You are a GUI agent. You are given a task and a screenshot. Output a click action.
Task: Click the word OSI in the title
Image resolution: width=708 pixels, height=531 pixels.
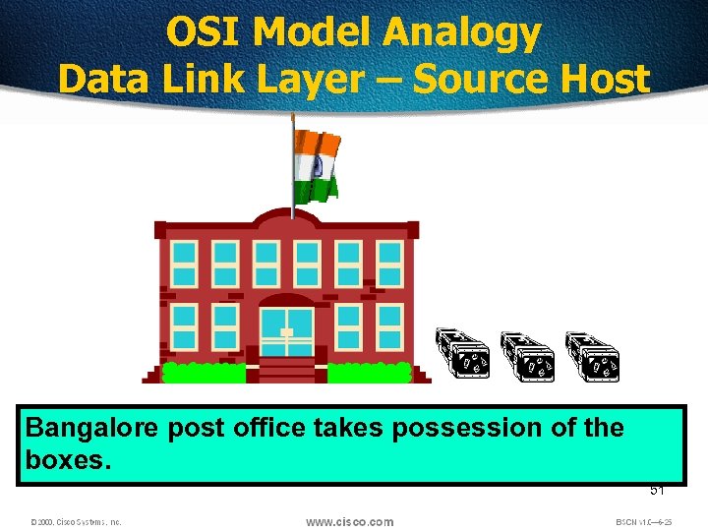coord(203,33)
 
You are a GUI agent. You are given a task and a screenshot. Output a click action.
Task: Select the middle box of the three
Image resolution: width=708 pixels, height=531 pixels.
coord(527,355)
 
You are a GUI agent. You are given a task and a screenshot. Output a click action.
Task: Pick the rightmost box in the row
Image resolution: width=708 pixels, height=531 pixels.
coord(593,355)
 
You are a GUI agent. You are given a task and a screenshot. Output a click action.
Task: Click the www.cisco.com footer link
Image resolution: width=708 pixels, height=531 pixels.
coord(349,521)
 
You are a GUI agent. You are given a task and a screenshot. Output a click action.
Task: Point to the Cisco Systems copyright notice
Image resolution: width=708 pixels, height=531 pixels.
coord(75,522)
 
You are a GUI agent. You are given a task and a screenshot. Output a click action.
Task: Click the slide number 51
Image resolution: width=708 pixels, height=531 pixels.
coord(656,491)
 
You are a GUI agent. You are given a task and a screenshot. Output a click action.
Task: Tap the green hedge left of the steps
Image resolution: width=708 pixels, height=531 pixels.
coord(204,372)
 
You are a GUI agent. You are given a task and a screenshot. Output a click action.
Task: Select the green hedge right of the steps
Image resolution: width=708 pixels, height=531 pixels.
coord(369,372)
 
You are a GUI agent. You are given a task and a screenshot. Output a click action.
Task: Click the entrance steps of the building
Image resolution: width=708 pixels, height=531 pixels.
coord(286,370)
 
